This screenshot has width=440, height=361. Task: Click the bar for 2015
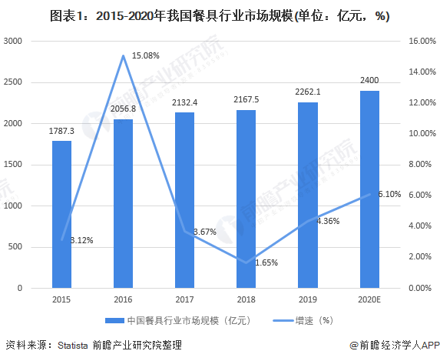61,215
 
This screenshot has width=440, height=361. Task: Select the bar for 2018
246,199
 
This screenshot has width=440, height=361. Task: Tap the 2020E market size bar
369,189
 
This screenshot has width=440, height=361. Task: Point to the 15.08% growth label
146,55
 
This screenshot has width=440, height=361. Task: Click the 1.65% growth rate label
266,262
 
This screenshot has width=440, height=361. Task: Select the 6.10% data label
389,194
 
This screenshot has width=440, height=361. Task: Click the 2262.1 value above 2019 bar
308,92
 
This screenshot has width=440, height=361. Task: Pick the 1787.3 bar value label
61,131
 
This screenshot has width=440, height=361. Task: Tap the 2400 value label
369,81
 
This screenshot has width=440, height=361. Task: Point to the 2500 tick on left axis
12,82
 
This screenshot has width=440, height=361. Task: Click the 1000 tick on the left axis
12,206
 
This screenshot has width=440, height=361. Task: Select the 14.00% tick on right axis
422,72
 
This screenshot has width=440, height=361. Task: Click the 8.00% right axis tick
420,164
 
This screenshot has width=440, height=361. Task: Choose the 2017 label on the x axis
184,299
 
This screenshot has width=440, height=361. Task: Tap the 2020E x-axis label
369,299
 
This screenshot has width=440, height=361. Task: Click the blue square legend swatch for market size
114,320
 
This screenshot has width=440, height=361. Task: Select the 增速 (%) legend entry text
314,320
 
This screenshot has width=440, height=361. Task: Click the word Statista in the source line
73,346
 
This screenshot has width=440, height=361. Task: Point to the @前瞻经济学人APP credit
395,346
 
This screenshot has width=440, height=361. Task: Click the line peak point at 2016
123,55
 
